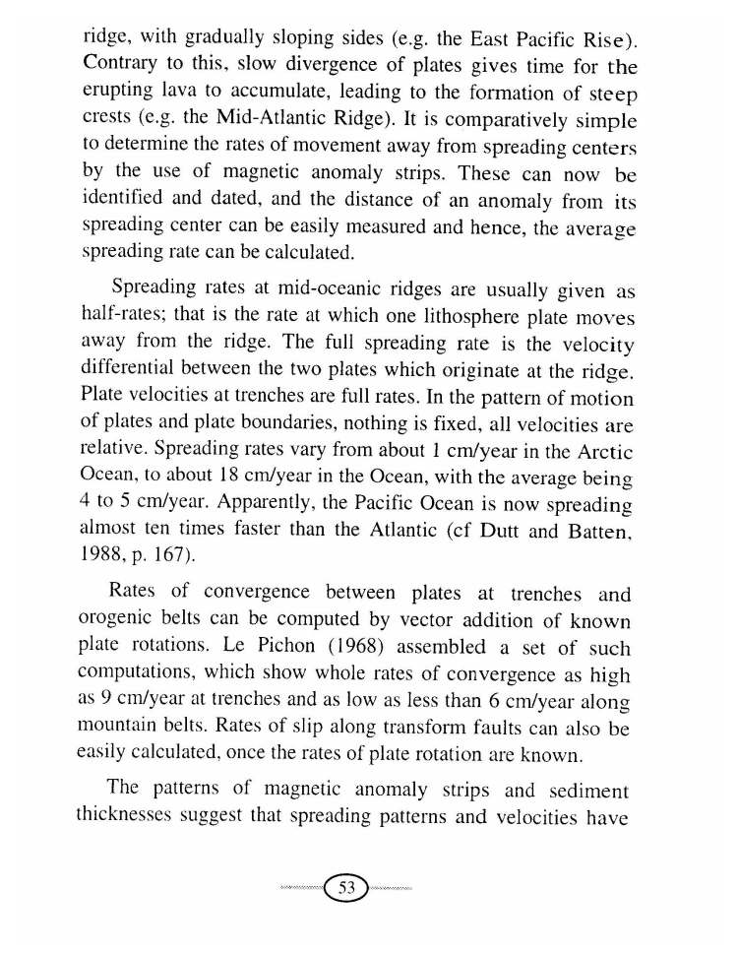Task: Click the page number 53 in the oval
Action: pos(346,887)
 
